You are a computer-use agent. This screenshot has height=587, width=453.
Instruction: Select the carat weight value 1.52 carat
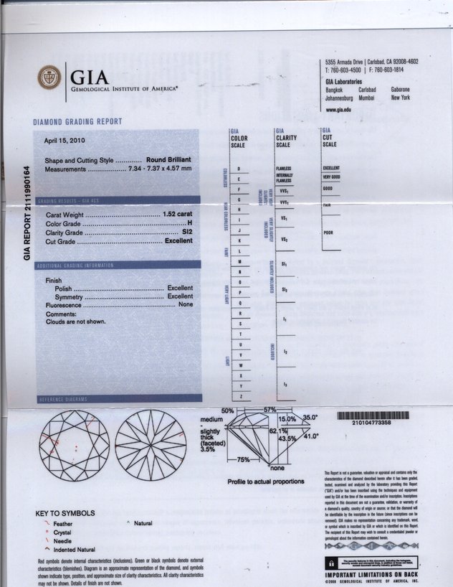[178, 215]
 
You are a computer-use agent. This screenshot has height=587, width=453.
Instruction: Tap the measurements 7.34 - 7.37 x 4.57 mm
[159, 169]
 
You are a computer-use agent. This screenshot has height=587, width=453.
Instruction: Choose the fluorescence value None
[186, 305]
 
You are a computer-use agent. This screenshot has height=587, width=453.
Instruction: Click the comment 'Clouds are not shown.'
[75, 321]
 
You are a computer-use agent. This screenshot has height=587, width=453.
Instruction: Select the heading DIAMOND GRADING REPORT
[77, 122]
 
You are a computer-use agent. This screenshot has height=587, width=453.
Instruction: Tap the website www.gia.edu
[338, 110]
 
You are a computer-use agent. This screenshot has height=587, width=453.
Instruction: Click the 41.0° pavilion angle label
[311, 436]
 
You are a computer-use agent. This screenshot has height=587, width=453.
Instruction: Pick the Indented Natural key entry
[75, 549]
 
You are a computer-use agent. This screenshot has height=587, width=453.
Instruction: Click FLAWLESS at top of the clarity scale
[284, 168]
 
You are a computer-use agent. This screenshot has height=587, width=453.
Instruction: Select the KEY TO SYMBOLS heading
[65, 514]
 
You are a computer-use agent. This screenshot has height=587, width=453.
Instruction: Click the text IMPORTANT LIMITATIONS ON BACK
[371, 575]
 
